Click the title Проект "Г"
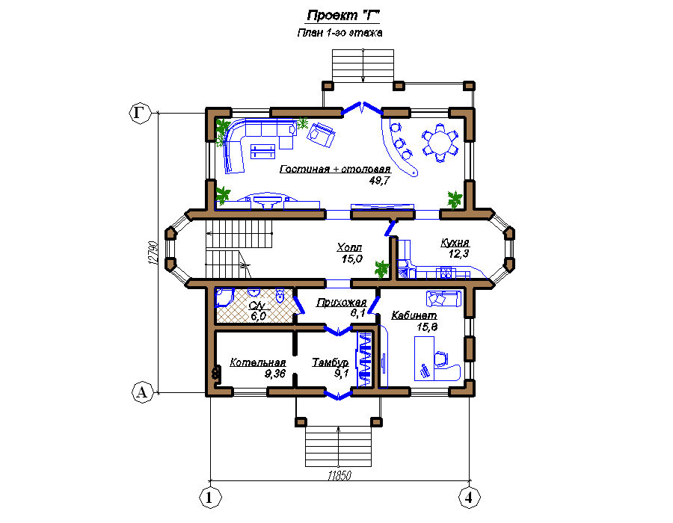[343, 16]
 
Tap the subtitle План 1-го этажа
[339, 33]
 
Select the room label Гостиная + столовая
[335, 169]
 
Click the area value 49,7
[379, 181]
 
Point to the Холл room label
[349, 247]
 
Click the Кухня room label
[455, 243]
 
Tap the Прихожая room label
[341, 303]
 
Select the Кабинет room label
[414, 315]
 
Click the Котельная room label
[257, 362]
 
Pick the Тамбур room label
[330, 362]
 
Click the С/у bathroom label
[256, 306]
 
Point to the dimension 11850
[339, 475]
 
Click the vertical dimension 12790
[153, 253]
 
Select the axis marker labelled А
[142, 392]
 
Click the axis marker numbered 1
[210, 498]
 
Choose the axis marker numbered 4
[470, 498]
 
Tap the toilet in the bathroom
[280, 295]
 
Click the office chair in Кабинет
[441, 359]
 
